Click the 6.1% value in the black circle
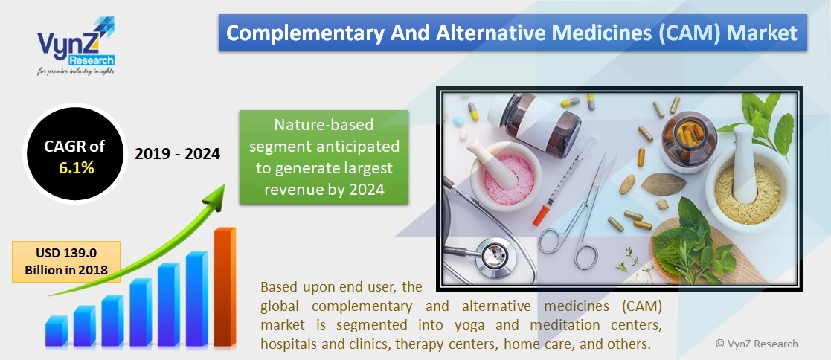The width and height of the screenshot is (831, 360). (x=77, y=167)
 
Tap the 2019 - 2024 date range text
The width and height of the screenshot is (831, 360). (x=177, y=154)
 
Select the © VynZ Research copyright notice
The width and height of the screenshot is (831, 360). (x=756, y=343)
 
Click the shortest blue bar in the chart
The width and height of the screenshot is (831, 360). (x=57, y=331)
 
